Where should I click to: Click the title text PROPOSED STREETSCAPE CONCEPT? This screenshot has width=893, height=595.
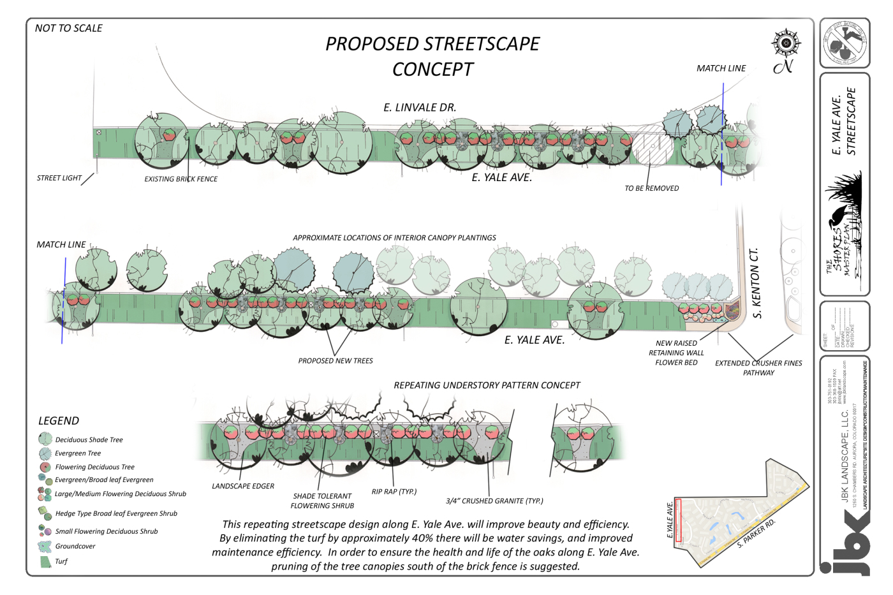click(x=432, y=56)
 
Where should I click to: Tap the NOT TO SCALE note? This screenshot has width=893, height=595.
click(x=68, y=28)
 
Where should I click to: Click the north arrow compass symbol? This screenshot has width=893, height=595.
click(x=785, y=44)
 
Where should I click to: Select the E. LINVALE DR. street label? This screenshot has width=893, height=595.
click(x=420, y=107)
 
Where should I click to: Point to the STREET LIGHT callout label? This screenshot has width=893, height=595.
click(x=59, y=178)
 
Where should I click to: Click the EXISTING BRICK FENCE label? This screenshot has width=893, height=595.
click(x=181, y=179)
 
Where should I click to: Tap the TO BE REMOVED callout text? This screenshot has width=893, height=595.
click(x=651, y=188)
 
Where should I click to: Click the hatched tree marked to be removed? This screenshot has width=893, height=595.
click(x=652, y=148)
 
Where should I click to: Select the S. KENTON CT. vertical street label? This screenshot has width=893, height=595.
click(x=756, y=283)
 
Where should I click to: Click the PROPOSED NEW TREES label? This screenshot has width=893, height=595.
click(x=336, y=361)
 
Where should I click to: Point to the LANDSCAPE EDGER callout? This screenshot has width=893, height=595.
click(x=243, y=486)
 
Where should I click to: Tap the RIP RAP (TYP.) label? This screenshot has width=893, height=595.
click(x=394, y=492)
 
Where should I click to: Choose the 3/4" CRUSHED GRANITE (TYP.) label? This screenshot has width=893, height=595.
click(x=494, y=501)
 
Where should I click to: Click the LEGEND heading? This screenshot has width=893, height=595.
click(x=59, y=421)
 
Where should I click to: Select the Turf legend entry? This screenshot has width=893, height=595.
click(x=61, y=561)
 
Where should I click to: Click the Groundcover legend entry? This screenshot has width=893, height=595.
click(x=75, y=546)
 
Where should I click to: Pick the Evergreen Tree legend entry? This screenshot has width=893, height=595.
click(x=77, y=453)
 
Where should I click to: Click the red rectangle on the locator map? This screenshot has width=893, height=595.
click(x=679, y=520)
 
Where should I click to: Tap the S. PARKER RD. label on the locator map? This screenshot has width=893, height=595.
click(x=756, y=534)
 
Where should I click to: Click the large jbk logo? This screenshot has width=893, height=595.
click(x=846, y=542)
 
